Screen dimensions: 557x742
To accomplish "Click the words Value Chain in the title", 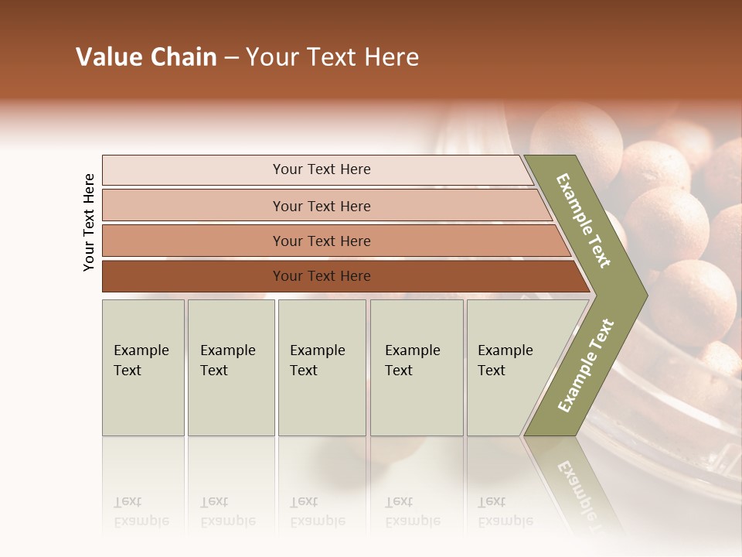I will [146, 57].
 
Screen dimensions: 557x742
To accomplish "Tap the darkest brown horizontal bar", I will [193, 276].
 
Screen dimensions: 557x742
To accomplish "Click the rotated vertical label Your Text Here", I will [89, 223].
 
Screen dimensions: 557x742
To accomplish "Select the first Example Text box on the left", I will [143, 367].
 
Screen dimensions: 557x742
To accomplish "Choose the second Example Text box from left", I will [231, 367].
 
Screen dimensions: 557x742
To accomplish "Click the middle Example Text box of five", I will [322, 367].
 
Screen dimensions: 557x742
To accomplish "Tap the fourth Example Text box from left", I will [417, 367].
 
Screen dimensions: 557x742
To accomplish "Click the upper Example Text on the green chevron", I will [584, 220].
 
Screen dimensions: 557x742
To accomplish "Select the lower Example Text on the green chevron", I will [585, 365].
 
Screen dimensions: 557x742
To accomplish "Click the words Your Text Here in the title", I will [332, 57].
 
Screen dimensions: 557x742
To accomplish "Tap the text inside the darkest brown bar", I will [322, 276].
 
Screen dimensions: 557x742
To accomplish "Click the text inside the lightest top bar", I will [322, 169].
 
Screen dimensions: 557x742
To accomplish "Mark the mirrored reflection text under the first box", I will [141, 511].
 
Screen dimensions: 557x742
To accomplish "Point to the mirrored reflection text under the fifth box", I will [505, 511].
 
